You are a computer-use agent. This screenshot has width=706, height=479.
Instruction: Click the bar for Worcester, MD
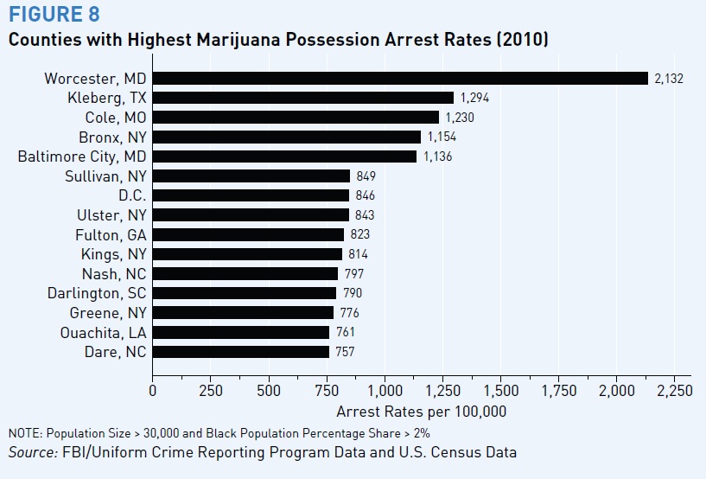400,78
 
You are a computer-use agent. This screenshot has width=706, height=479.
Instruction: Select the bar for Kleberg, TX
303,98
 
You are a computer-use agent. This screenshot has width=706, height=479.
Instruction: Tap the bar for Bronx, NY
287,137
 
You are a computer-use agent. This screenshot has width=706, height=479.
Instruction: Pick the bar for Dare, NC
241,352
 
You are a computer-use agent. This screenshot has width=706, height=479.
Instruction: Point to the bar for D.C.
251,195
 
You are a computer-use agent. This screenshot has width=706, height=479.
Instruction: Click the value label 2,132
669,78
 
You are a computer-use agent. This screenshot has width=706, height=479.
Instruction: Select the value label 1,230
460,118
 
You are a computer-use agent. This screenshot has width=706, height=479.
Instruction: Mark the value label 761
346,332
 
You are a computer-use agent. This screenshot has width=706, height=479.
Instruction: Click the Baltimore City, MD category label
83,156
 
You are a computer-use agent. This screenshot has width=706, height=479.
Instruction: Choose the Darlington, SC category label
97,293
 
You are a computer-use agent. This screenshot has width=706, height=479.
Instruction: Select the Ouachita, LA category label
104,332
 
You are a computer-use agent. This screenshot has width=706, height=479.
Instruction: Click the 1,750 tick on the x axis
559,391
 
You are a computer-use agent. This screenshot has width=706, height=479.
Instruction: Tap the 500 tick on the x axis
269,391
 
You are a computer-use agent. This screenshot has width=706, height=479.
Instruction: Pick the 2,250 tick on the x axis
675,391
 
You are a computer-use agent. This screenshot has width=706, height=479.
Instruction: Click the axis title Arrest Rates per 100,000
422,412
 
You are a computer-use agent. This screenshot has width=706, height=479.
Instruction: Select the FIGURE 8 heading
54,15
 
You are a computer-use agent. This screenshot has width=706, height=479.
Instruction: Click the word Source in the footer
30,451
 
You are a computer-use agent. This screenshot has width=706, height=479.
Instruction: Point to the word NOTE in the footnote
24,432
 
